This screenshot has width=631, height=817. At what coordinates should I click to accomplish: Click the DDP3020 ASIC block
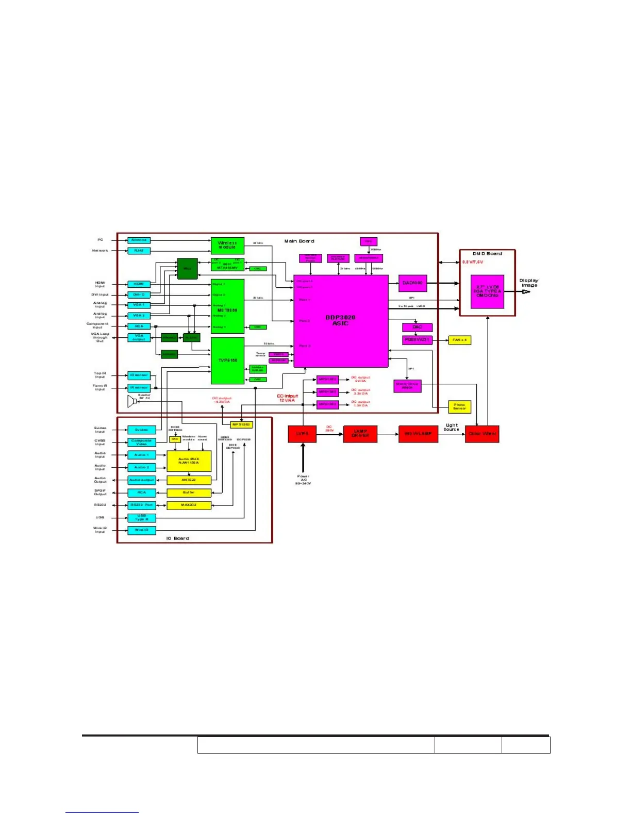coord(341,321)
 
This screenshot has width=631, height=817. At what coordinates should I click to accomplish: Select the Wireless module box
coord(227,246)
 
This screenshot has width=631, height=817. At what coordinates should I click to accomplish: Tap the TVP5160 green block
coord(227,361)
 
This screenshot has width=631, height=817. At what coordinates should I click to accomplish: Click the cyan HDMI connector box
coord(139,284)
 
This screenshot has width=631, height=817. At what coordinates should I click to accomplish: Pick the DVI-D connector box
coord(139,295)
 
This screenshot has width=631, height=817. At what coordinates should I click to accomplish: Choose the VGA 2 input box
coord(139,315)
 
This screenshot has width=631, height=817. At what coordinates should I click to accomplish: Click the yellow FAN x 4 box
coord(459,340)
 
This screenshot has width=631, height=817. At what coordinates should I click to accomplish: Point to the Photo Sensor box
coord(459,407)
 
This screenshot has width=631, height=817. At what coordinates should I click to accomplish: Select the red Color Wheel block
coord(482,434)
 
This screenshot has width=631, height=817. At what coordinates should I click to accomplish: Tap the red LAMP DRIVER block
coord(360,434)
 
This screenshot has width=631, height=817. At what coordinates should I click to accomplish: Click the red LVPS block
coord(302,434)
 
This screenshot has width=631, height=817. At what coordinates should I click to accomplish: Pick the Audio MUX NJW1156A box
coord(189,461)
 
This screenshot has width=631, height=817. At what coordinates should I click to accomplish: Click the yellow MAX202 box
coord(189,505)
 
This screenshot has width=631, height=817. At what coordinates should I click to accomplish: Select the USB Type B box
coord(141,517)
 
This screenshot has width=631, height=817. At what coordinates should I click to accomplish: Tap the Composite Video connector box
coord(141,443)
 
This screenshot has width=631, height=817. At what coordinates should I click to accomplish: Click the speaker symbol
coord(132,401)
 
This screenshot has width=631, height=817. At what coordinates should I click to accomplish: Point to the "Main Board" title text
coord(299,241)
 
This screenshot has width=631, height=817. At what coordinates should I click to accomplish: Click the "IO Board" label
coord(177,538)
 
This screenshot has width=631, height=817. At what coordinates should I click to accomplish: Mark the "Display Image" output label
coord(529,283)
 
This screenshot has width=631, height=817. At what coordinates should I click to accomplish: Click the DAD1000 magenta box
coord(412,283)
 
